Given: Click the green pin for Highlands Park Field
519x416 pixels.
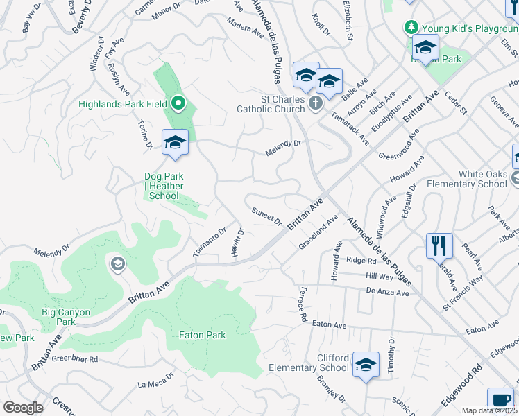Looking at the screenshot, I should pyautogui.click(x=178, y=105).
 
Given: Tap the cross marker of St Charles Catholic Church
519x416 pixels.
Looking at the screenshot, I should pyautogui.click(x=316, y=104).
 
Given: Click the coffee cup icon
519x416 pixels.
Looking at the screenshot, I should pyautogui.click(x=500, y=400).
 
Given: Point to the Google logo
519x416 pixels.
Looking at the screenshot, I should pyautogui.click(x=23, y=408).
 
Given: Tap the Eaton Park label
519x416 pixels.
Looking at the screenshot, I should pyautogui.click(x=201, y=335).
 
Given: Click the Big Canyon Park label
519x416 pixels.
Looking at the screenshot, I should pyautogui.click(x=65, y=317).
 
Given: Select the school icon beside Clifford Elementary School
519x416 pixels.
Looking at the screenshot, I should pyautogui.click(x=365, y=365).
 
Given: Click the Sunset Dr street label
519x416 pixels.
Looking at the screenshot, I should pyautogui.click(x=266, y=217).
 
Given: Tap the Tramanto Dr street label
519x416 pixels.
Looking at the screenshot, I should pyautogui.click(x=210, y=242).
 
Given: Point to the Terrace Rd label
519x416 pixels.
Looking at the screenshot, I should pyautogui.click(x=303, y=304).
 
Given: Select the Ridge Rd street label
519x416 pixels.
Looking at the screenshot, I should pyautogui.click(x=361, y=261).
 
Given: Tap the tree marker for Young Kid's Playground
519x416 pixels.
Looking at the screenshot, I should pyautogui.click(x=411, y=27).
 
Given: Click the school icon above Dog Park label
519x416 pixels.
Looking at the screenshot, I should pyautogui.click(x=175, y=143).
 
